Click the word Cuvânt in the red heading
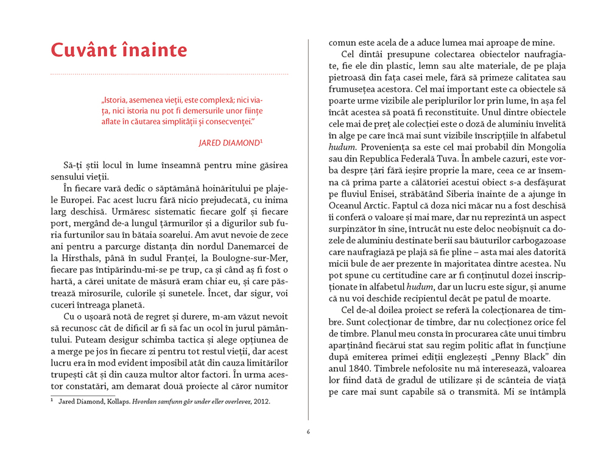[x=80, y=50]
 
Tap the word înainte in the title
[x=152, y=50]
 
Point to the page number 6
[x=308, y=432]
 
